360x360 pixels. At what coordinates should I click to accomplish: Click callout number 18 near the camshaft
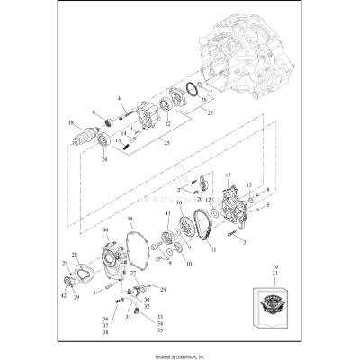[x=70, y=123]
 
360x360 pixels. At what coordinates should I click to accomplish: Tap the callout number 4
[x=118, y=97]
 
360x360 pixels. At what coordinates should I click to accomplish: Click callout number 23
[x=212, y=114]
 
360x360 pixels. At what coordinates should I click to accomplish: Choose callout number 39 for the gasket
[x=130, y=220]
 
